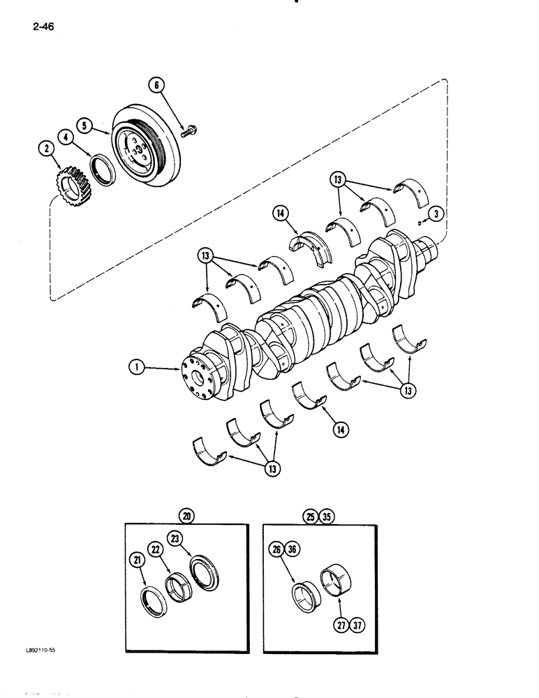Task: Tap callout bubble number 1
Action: coord(136,366)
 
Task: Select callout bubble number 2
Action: coord(46,148)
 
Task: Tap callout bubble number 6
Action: coord(156,85)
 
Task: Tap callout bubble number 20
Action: coord(186,516)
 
